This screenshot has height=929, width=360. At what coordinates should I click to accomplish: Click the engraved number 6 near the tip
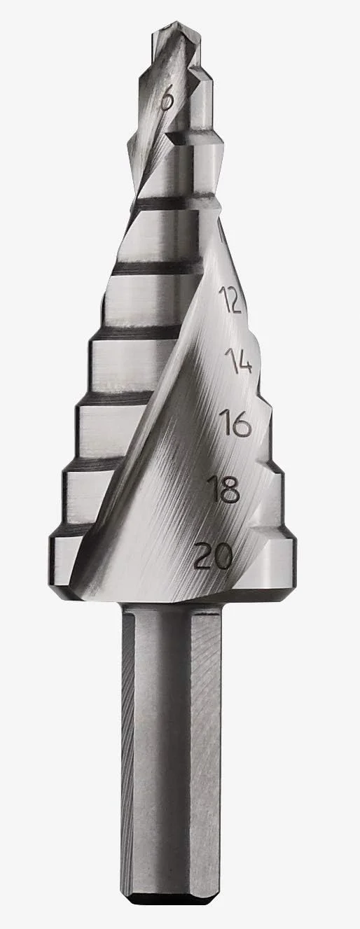[167, 100]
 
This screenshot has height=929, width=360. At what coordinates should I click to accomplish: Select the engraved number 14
[238, 360]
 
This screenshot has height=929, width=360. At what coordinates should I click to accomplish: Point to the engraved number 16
[234, 424]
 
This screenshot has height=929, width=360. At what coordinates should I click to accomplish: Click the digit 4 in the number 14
[244, 361]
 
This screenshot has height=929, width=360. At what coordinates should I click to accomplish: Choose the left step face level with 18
[88, 490]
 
